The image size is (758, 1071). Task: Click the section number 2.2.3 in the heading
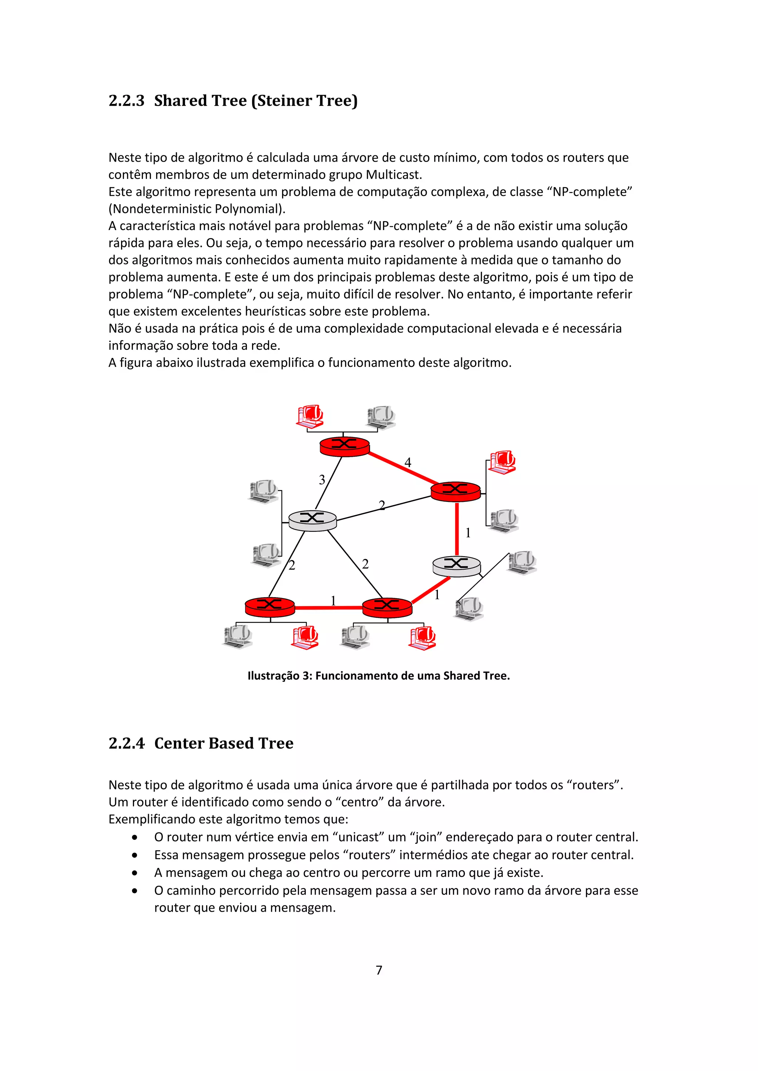pos(126,100)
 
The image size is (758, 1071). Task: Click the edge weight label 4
pos(407,462)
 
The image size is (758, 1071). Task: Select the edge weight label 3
pos(322,480)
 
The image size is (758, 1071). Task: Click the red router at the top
pos(345,446)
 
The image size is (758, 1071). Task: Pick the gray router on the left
pos(312,520)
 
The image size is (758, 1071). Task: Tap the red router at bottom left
pos(270,607)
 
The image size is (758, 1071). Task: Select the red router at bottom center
pos(387,607)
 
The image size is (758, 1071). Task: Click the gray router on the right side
pos(456,566)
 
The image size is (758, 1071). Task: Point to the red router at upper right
pos(455,491)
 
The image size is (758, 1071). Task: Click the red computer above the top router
pos(310,416)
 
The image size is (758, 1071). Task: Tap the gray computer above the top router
pos(381,416)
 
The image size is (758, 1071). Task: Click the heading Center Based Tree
pos(224,743)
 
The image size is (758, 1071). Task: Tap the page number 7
pos(379,970)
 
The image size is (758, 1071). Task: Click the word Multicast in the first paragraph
pos(393,175)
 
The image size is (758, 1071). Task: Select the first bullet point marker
pos(134,838)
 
